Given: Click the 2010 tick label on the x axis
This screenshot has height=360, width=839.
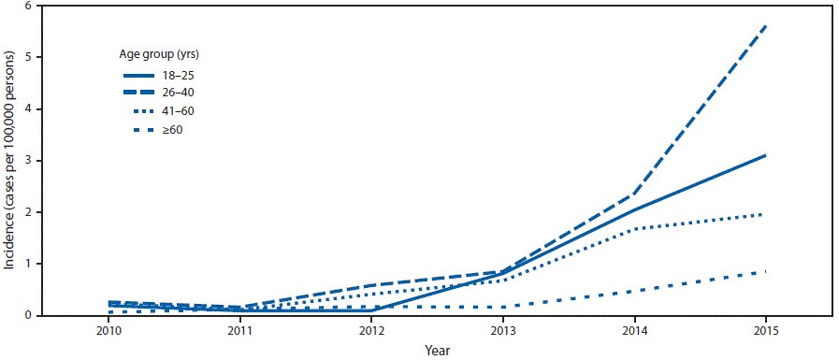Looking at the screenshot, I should [109, 329].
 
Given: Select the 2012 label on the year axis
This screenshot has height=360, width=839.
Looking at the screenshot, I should [371, 329].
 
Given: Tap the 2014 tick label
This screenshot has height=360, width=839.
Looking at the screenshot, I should [634, 329].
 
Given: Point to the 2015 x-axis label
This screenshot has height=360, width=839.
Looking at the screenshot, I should [765, 329].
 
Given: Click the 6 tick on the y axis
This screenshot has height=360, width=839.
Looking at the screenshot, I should [30, 7].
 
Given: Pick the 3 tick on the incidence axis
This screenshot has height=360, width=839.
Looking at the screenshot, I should [30, 161].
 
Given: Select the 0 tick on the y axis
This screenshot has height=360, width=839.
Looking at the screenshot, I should [30, 316].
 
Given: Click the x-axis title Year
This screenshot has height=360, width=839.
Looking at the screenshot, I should [437, 349].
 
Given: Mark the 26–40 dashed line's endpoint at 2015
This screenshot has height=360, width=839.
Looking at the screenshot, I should [766, 25].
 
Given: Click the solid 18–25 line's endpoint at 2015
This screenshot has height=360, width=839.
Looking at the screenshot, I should [766, 155].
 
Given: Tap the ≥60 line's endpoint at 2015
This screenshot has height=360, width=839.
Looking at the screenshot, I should [766, 272].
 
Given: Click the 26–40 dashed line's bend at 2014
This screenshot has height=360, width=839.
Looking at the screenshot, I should [634, 194].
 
